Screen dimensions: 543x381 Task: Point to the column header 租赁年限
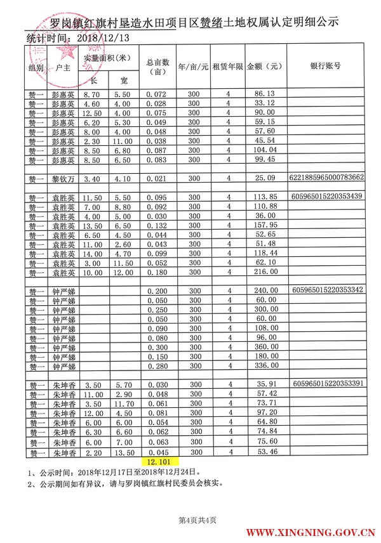(228, 66)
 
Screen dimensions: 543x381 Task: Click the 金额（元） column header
(264, 66)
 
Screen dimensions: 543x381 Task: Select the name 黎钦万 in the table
(63, 178)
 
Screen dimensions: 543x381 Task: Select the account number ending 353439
(326, 196)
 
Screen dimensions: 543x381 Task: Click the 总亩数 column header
(157, 66)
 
